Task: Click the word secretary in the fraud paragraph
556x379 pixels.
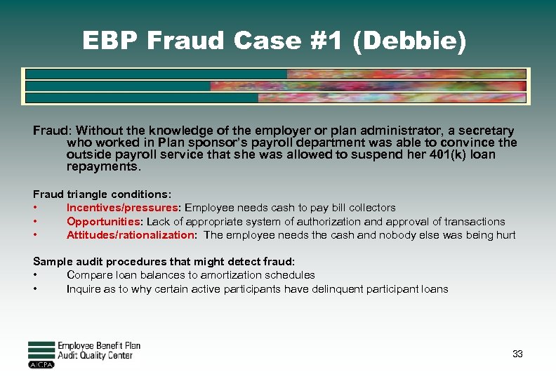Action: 484,131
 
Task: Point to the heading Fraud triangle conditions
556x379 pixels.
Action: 102,194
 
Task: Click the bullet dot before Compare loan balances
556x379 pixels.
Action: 35,275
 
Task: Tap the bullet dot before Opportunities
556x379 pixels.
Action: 35,222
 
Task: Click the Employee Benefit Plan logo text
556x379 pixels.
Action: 99,345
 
